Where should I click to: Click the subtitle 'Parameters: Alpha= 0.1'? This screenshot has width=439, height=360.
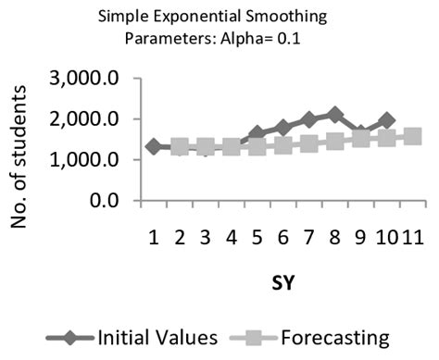[219, 40]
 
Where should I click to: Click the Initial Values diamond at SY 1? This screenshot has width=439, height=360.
[154, 146]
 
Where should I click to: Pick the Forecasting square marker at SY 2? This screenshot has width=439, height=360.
[180, 146]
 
